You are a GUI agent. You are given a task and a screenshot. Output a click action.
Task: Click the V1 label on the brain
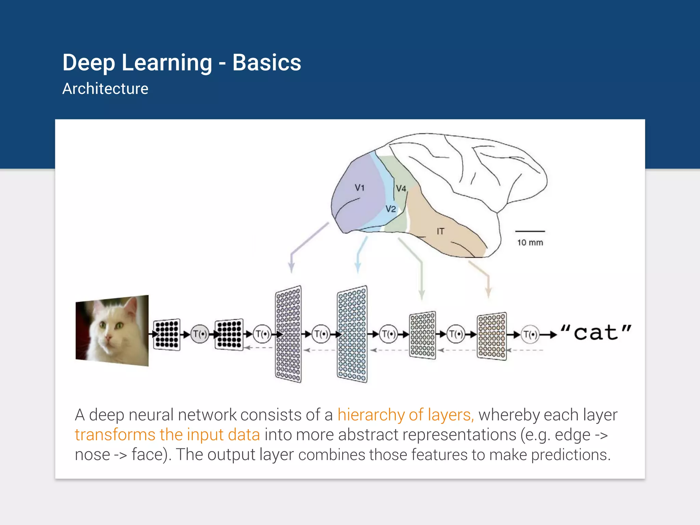point(360,188)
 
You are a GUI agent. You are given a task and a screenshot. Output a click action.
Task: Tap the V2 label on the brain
point(391,209)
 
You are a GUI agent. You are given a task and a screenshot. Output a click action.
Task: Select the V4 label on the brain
point(401,188)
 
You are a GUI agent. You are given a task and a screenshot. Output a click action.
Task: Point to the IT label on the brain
point(440,231)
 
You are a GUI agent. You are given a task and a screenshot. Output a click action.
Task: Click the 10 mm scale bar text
point(530,243)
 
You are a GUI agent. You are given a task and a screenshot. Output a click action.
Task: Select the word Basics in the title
point(267,63)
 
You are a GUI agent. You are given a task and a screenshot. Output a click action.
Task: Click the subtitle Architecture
point(105,89)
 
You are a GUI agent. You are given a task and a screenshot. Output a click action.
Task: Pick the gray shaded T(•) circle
point(200,334)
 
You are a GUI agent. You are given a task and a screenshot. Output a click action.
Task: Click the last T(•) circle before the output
point(530,334)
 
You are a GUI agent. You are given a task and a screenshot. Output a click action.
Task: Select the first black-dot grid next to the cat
point(167,334)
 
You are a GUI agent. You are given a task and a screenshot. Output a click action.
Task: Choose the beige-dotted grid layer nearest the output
point(492,336)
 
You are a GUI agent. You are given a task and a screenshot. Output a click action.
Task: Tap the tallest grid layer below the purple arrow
point(288,334)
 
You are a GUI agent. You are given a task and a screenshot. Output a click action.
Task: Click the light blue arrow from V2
point(360,255)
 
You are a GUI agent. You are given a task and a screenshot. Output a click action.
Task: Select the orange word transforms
point(115,435)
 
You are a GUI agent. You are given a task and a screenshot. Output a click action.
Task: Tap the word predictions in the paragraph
point(570,455)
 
